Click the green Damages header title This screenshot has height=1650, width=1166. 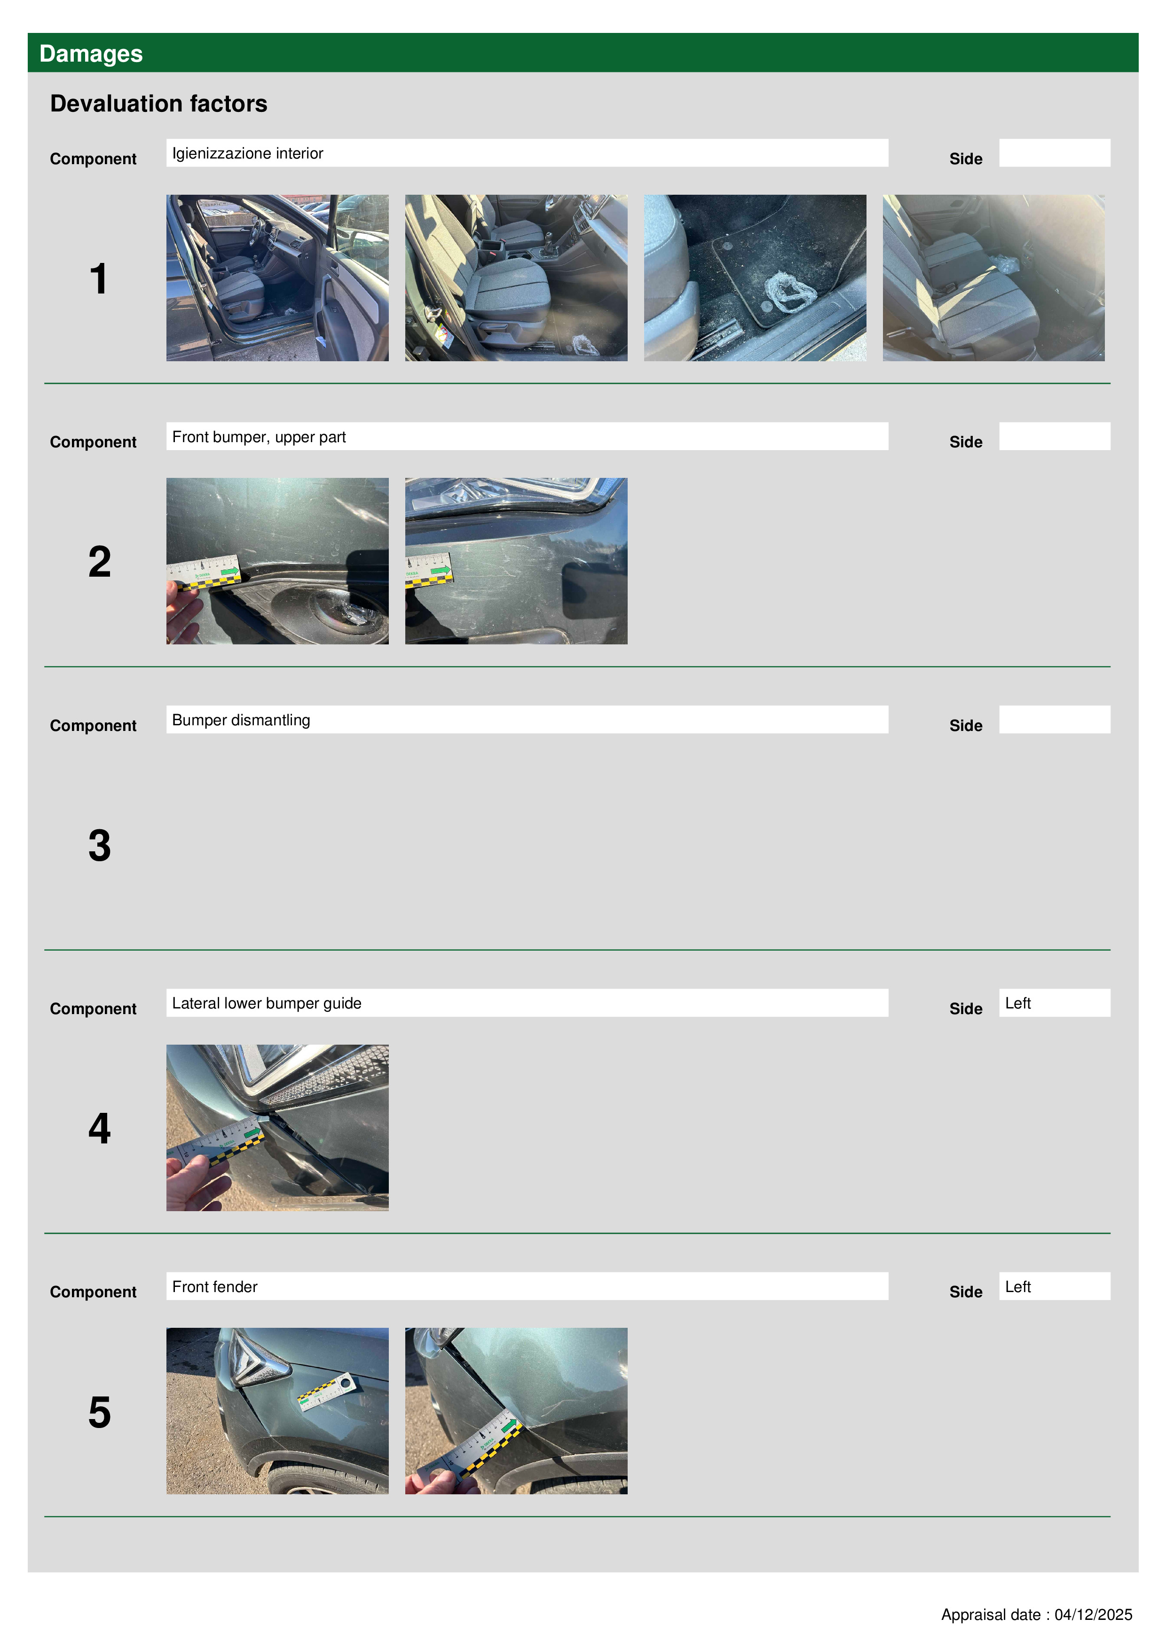tap(91, 54)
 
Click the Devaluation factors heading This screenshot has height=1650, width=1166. tap(159, 103)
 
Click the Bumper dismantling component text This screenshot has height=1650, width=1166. tap(241, 720)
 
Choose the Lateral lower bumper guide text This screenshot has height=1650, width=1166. tap(267, 1003)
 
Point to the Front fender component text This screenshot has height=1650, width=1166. tap(215, 1286)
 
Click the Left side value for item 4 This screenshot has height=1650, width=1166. tap(1017, 1003)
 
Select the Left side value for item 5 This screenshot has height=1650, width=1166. tap(1017, 1286)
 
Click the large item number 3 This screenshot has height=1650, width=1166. tap(100, 845)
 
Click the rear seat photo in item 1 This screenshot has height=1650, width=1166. tap(993, 278)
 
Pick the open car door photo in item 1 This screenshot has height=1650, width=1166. tap(277, 278)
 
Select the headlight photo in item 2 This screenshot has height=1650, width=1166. tap(516, 561)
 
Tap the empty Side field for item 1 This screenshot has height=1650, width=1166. tap(1055, 153)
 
